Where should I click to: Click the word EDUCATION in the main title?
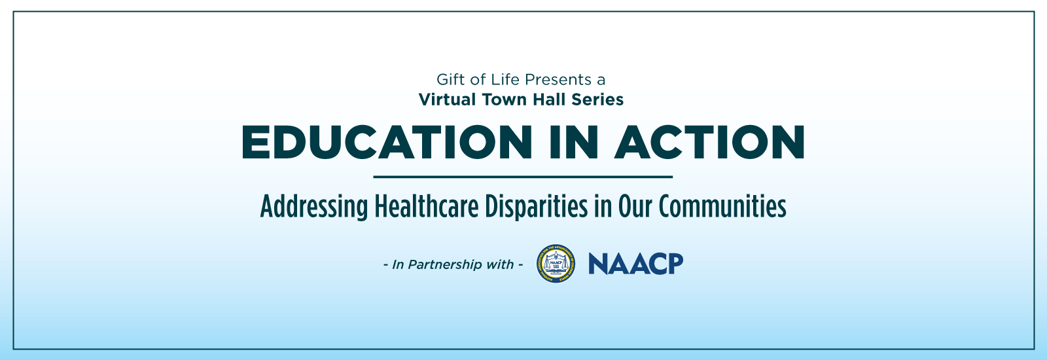(x=387, y=142)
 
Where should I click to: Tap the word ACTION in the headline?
(x=710, y=142)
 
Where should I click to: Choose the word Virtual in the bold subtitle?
(x=448, y=99)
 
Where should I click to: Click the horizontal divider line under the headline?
(x=523, y=177)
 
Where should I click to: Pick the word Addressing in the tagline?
(x=314, y=207)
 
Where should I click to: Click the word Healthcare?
(x=427, y=206)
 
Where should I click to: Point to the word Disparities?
(x=536, y=207)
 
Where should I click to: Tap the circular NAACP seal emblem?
(x=556, y=264)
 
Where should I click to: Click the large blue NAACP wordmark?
(x=635, y=264)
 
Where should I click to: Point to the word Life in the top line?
(x=505, y=79)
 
